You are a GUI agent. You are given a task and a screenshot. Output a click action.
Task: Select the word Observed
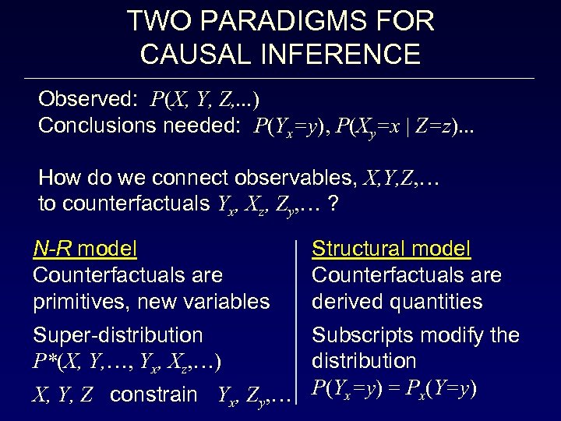tap(85, 99)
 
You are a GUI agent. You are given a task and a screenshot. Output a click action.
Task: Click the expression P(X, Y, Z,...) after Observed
tap(206, 100)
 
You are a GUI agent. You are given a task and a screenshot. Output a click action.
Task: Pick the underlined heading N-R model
tap(85, 249)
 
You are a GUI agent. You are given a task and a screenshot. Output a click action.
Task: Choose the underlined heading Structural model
tap(391, 249)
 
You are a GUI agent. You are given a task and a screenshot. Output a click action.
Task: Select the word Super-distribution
tap(118, 335)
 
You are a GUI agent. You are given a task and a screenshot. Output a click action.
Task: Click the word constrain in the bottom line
tap(153, 394)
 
